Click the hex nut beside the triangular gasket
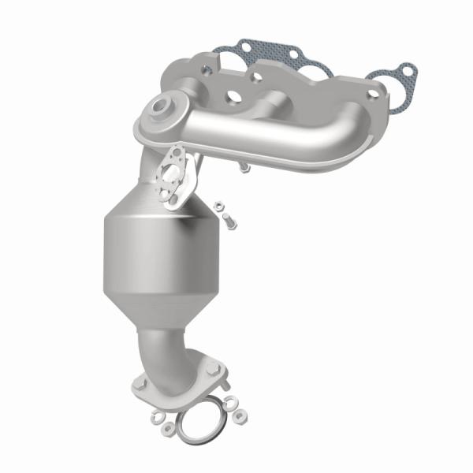click(x=221, y=210)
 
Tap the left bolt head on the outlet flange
click(x=142, y=384)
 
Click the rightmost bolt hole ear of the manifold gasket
click(x=406, y=73)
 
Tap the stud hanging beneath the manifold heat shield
click(x=244, y=167)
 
